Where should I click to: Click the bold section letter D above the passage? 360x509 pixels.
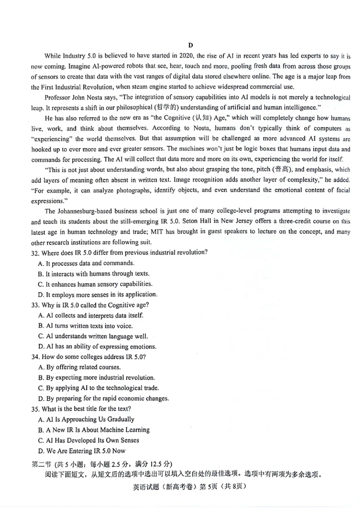(190, 45)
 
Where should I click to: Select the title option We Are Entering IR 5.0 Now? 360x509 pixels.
(82, 451)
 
